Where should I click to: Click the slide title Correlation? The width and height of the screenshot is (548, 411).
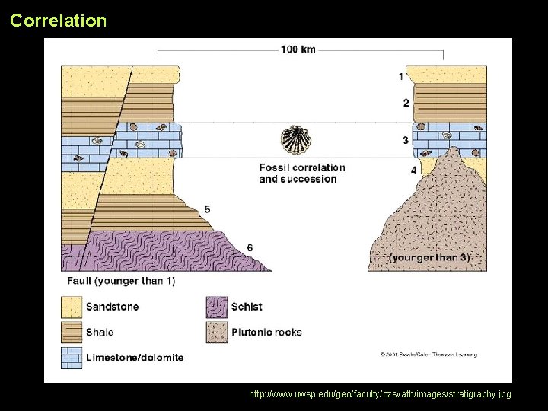click(x=59, y=21)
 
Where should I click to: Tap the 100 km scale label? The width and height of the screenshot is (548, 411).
click(x=298, y=50)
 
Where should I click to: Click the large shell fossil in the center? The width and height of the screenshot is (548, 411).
click(x=294, y=140)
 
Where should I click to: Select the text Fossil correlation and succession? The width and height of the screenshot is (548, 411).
click(x=301, y=174)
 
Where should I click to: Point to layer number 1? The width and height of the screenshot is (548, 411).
click(x=401, y=76)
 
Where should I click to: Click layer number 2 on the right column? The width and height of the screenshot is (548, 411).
click(x=406, y=103)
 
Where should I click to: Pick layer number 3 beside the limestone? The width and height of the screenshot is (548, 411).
click(x=406, y=140)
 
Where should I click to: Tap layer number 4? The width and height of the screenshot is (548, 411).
click(x=413, y=170)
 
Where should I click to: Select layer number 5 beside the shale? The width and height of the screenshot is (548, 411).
click(x=207, y=209)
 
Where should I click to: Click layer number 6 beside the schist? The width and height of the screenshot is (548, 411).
click(x=250, y=247)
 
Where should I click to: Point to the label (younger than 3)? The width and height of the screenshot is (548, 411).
click(x=429, y=258)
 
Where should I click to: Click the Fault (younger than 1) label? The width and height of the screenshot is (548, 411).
click(x=121, y=281)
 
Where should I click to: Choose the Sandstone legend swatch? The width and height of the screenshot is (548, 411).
click(x=72, y=307)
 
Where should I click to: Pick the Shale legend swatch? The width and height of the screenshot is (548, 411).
click(x=72, y=333)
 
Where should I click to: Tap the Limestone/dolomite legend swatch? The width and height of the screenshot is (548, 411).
click(x=72, y=358)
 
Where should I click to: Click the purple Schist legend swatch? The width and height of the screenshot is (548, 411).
click(x=217, y=307)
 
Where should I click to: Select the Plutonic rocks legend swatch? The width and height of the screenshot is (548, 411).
click(x=217, y=333)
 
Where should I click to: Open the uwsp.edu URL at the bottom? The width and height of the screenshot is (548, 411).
click(x=380, y=394)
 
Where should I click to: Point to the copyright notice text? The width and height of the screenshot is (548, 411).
click(x=429, y=355)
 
